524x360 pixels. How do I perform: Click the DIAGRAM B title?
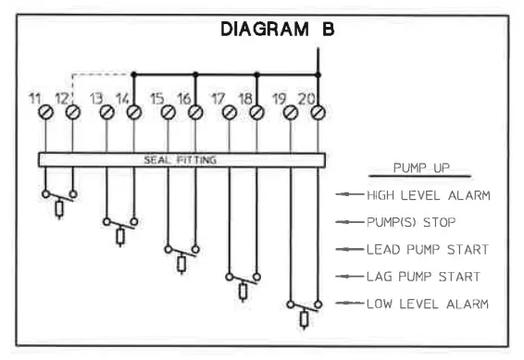tap(276, 30)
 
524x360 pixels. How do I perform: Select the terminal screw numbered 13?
tap(106, 112)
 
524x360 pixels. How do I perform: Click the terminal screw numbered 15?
tap(168, 112)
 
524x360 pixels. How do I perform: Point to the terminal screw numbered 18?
tap(256, 112)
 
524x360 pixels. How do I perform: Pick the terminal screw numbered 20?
tap(318, 112)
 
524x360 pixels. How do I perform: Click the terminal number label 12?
tap(62, 96)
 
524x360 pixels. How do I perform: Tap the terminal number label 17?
tap(218, 96)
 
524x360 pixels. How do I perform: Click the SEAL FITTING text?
tap(181, 159)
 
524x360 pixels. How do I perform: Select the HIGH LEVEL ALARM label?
tap(425, 195)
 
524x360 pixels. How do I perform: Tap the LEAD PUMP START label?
tap(425, 250)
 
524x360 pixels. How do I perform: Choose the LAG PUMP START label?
tap(422, 276)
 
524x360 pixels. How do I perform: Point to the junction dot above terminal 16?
tap(195, 73)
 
